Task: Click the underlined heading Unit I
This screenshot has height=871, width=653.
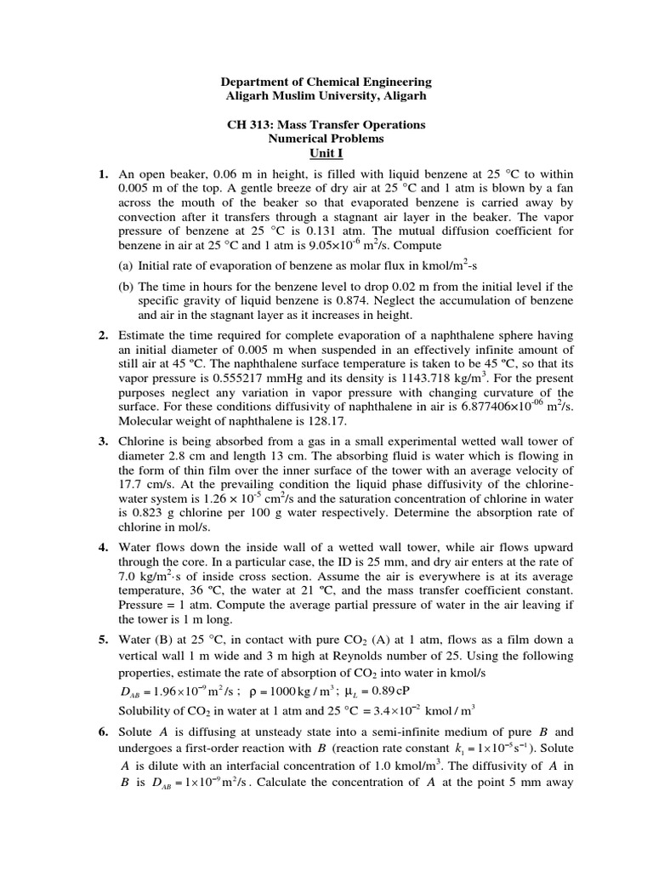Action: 326,153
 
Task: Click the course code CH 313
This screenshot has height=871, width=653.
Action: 247,125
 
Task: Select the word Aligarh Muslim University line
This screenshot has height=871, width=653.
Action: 326,96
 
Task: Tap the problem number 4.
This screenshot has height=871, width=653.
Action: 102,546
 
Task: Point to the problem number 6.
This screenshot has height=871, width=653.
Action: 102,732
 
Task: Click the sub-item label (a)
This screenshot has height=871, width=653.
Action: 126,265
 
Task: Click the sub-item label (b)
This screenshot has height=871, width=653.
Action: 126,287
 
